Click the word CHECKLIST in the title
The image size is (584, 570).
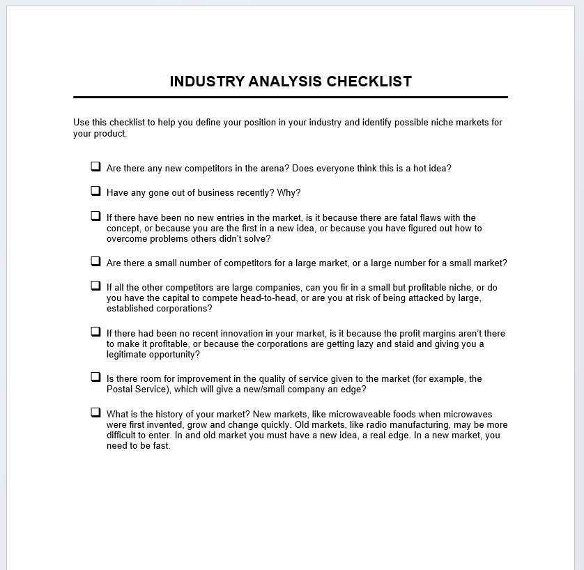click(x=369, y=82)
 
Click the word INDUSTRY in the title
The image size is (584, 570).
click(x=206, y=82)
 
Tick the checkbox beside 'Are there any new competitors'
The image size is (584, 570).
click(x=95, y=167)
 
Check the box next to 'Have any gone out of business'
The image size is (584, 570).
click(x=95, y=191)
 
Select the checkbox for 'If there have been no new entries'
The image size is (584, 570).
click(x=95, y=216)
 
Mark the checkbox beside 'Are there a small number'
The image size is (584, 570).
click(x=95, y=261)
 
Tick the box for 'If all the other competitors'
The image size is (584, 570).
click(x=95, y=286)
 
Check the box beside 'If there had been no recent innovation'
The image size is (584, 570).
click(x=95, y=332)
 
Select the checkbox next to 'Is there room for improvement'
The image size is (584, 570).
click(x=95, y=377)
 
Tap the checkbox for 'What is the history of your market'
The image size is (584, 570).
click(x=95, y=413)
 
